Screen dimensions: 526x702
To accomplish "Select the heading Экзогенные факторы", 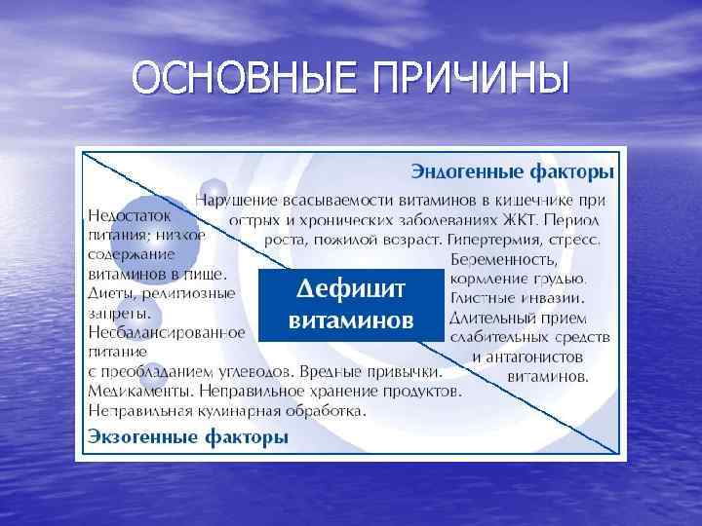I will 188,436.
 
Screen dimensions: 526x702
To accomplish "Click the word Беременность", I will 505,260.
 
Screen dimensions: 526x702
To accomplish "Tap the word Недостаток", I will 129,214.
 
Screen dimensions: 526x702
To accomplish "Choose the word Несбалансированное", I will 166,332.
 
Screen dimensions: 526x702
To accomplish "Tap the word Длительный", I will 492,317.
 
